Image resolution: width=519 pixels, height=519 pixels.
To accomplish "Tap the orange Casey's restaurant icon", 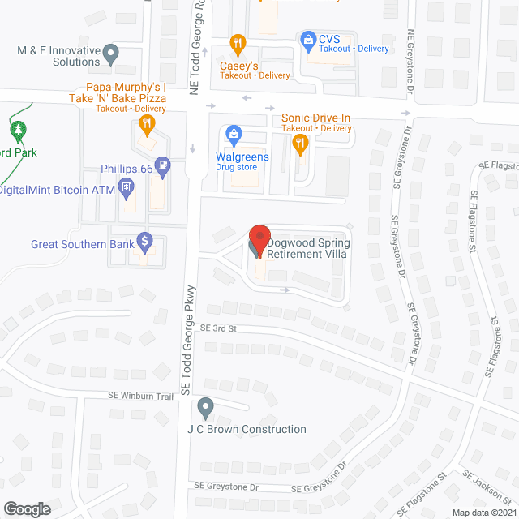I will coord(238,43).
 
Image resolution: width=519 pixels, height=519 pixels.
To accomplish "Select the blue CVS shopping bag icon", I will coord(308,38).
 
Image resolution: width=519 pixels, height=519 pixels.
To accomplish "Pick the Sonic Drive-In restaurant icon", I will coord(300,145).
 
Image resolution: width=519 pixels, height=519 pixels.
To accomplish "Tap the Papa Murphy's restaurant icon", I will coord(146,125).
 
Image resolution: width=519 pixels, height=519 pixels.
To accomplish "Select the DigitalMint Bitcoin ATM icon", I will coord(126,190).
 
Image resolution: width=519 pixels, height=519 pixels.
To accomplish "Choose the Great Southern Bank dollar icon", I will coord(145,240).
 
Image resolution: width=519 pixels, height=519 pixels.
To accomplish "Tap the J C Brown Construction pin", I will coord(206,406).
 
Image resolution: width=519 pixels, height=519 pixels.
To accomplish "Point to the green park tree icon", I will coord(17,130).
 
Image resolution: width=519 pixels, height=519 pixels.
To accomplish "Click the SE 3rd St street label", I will coord(217,328).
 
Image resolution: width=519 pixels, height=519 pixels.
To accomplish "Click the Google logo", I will coord(26,509).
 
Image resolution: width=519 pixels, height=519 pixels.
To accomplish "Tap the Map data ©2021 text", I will coord(483,513).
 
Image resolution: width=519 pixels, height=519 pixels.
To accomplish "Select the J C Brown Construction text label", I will coord(247,429).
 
